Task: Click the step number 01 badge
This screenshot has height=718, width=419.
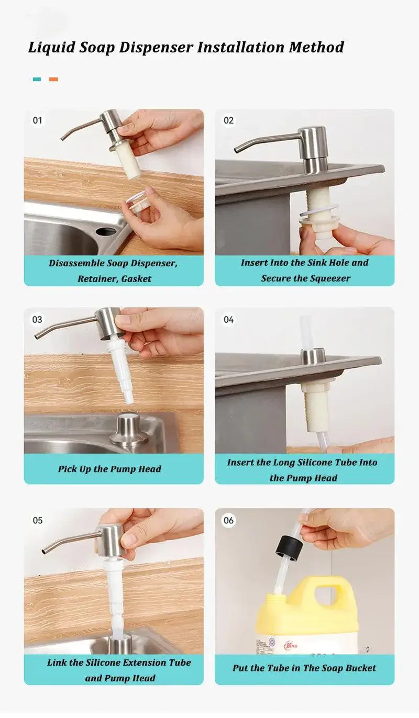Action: (x=37, y=120)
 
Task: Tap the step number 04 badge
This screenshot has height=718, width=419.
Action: (x=228, y=319)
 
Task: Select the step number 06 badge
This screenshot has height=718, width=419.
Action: (x=228, y=520)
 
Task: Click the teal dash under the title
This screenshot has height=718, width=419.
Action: (x=37, y=80)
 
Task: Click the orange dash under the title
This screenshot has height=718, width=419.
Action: (x=53, y=80)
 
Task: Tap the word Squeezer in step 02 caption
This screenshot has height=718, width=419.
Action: (x=328, y=278)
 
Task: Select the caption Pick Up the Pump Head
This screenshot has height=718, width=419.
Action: (x=109, y=469)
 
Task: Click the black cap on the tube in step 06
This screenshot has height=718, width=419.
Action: (x=286, y=546)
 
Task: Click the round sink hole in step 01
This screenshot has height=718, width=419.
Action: (x=105, y=231)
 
